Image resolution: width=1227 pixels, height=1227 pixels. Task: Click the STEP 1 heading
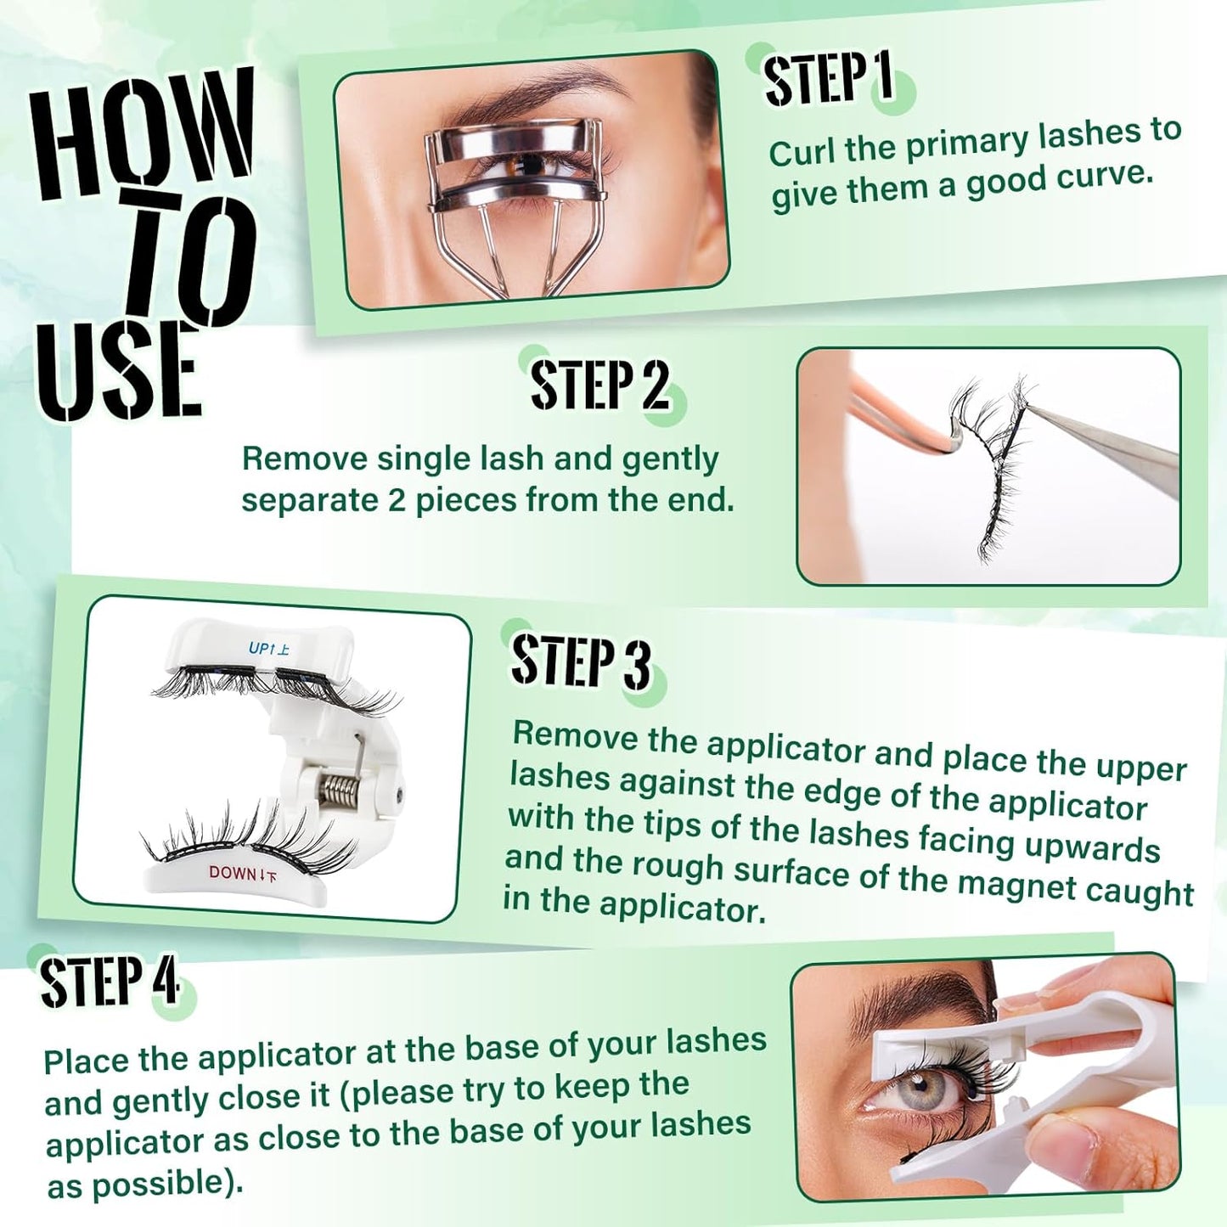click(829, 79)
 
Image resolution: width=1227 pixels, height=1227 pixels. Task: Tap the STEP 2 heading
click(599, 386)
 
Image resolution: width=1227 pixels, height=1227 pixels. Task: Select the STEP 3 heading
click(581, 662)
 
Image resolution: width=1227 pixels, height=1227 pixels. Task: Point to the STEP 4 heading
click(110, 982)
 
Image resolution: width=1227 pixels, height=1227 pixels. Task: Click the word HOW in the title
click(143, 127)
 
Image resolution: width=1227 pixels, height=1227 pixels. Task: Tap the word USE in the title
click(118, 371)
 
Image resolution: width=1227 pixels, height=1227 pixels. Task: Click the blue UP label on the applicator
click(268, 649)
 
